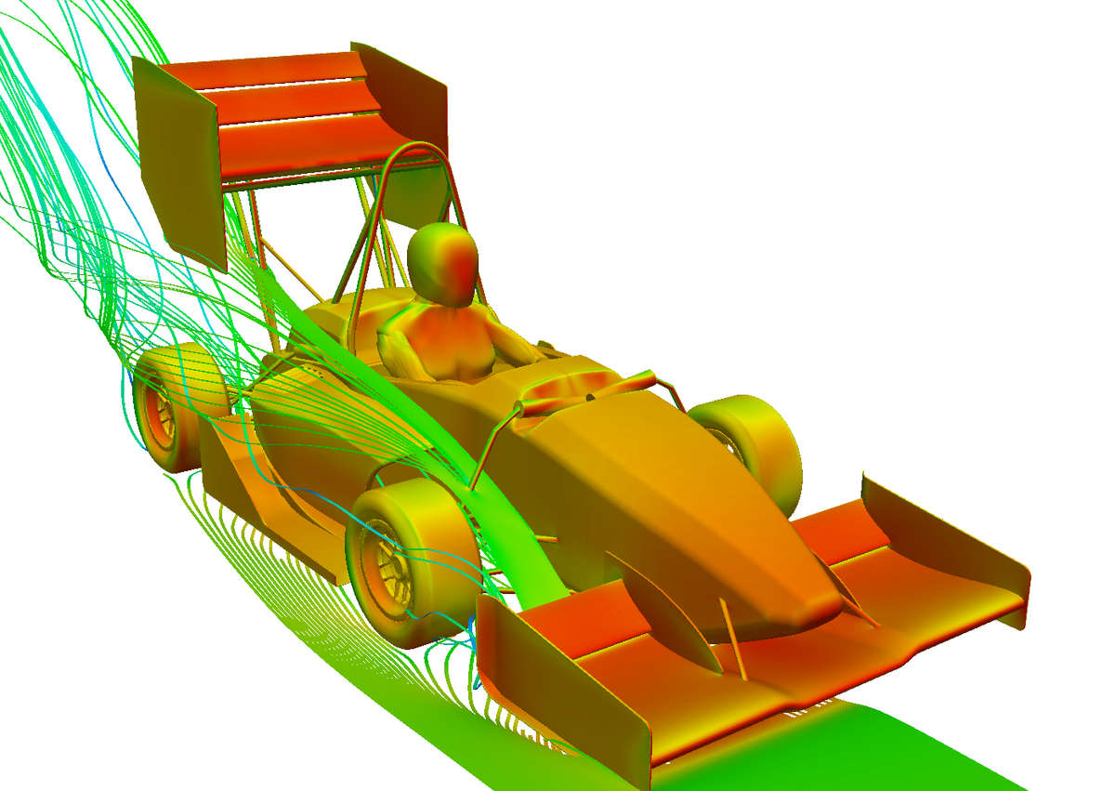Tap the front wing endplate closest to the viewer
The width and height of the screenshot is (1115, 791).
pyautogui.click(x=567, y=679)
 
